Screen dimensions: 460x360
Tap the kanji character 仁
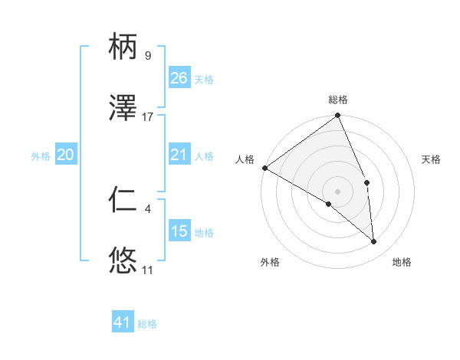click(123, 201)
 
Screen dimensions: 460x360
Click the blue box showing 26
click(179, 78)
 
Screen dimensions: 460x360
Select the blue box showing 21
click(179, 155)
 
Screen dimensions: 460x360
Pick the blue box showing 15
click(179, 231)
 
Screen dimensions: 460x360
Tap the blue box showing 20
click(66, 155)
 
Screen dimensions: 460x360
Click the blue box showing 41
click(123, 322)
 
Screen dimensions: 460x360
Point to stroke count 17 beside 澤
click(148, 117)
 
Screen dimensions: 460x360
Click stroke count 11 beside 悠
click(147, 270)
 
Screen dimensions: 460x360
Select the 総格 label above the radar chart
click(338, 100)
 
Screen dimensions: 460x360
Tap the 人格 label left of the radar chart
click(245, 159)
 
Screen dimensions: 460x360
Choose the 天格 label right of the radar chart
click(432, 159)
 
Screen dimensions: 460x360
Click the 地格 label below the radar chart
click(402, 262)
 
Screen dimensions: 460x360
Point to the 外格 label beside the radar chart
click(270, 262)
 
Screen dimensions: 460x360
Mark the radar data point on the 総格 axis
click(338, 116)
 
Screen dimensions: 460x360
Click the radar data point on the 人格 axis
click(264, 168)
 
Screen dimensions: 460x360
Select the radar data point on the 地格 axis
click(374, 241)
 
